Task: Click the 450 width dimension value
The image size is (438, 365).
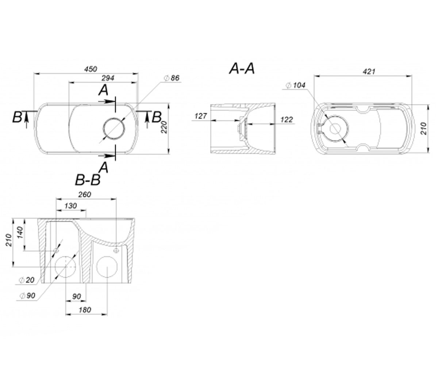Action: (91, 69)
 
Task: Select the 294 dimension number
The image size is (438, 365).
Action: (108, 78)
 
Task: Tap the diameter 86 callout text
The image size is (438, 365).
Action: (172, 78)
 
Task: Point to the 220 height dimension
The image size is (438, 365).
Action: (164, 127)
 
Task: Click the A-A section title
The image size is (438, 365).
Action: (242, 69)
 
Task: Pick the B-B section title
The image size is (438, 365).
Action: (88, 180)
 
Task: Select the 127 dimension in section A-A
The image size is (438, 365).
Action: (201, 116)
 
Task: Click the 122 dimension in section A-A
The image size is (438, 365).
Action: (287, 120)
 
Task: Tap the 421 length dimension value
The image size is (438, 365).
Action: (369, 72)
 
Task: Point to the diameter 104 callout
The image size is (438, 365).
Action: (296, 85)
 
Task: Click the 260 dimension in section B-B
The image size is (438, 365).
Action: (85, 195)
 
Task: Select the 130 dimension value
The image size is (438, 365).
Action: (70, 206)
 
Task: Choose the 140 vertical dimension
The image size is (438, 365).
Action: (20, 233)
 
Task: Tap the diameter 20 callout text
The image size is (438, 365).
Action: (27, 280)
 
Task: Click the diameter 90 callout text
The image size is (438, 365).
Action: (27, 296)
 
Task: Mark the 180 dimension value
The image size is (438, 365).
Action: (85, 310)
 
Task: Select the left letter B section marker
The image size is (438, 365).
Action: (17, 117)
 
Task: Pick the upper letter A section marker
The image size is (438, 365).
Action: (103, 91)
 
